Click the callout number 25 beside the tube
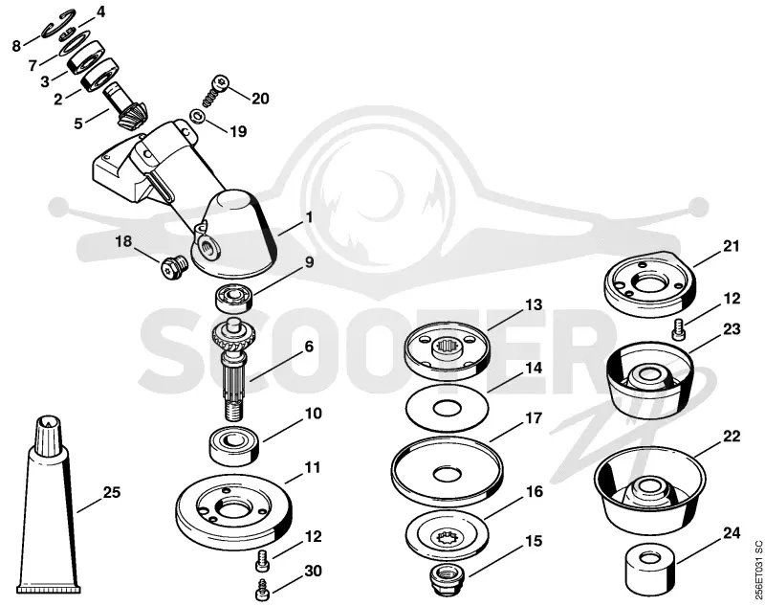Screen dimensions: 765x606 (111, 492)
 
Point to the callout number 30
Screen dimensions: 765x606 (313, 571)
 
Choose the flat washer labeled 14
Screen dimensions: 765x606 (448, 408)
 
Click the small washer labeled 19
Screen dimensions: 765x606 (198, 117)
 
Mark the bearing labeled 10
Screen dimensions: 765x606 (234, 445)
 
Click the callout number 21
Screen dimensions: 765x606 (731, 247)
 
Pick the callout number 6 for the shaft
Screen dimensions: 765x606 (309, 347)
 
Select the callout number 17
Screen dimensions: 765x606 (534, 418)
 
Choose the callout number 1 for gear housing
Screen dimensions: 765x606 (308, 217)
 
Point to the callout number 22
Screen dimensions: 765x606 (731, 436)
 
